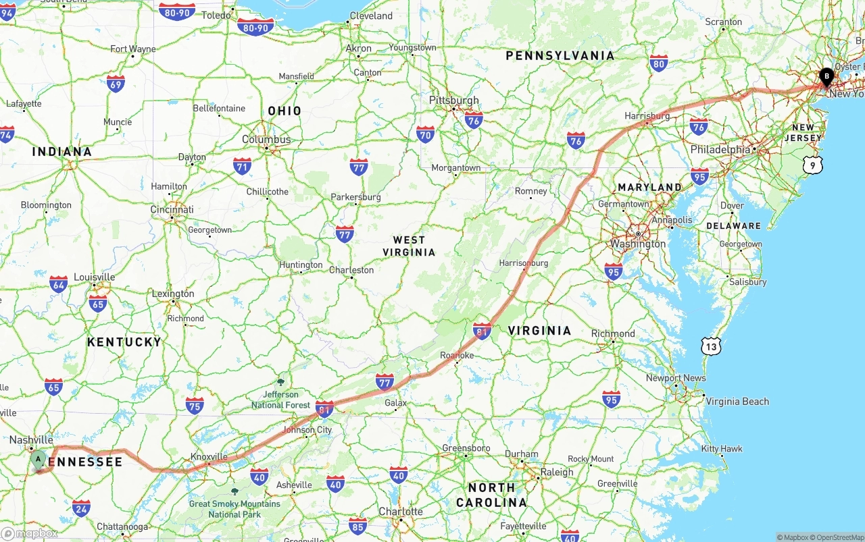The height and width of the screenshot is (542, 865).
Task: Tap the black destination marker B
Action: tap(826, 77)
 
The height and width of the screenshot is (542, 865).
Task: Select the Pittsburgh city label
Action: tap(453, 101)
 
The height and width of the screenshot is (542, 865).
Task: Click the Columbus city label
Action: tap(266, 140)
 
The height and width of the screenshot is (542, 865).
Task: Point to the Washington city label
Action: tap(637, 244)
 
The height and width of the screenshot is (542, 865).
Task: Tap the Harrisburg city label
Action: tap(647, 116)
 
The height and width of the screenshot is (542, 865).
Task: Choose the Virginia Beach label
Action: tap(737, 402)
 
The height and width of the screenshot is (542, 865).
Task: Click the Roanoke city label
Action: tap(457, 355)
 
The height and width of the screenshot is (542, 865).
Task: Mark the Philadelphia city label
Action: tap(720, 149)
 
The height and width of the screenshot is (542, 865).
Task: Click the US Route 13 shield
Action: tap(711, 347)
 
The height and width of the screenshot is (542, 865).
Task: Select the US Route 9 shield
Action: tap(814, 164)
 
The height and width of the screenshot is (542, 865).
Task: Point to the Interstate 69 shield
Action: tap(116, 84)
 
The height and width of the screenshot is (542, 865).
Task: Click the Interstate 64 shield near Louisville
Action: tap(59, 283)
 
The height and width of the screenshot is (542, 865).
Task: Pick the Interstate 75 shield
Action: tap(195, 405)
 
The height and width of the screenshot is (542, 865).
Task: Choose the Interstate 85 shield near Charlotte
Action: tap(357, 526)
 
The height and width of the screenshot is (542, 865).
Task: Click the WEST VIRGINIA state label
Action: tap(409, 246)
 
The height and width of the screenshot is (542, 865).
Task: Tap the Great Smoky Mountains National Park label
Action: tap(234, 508)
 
